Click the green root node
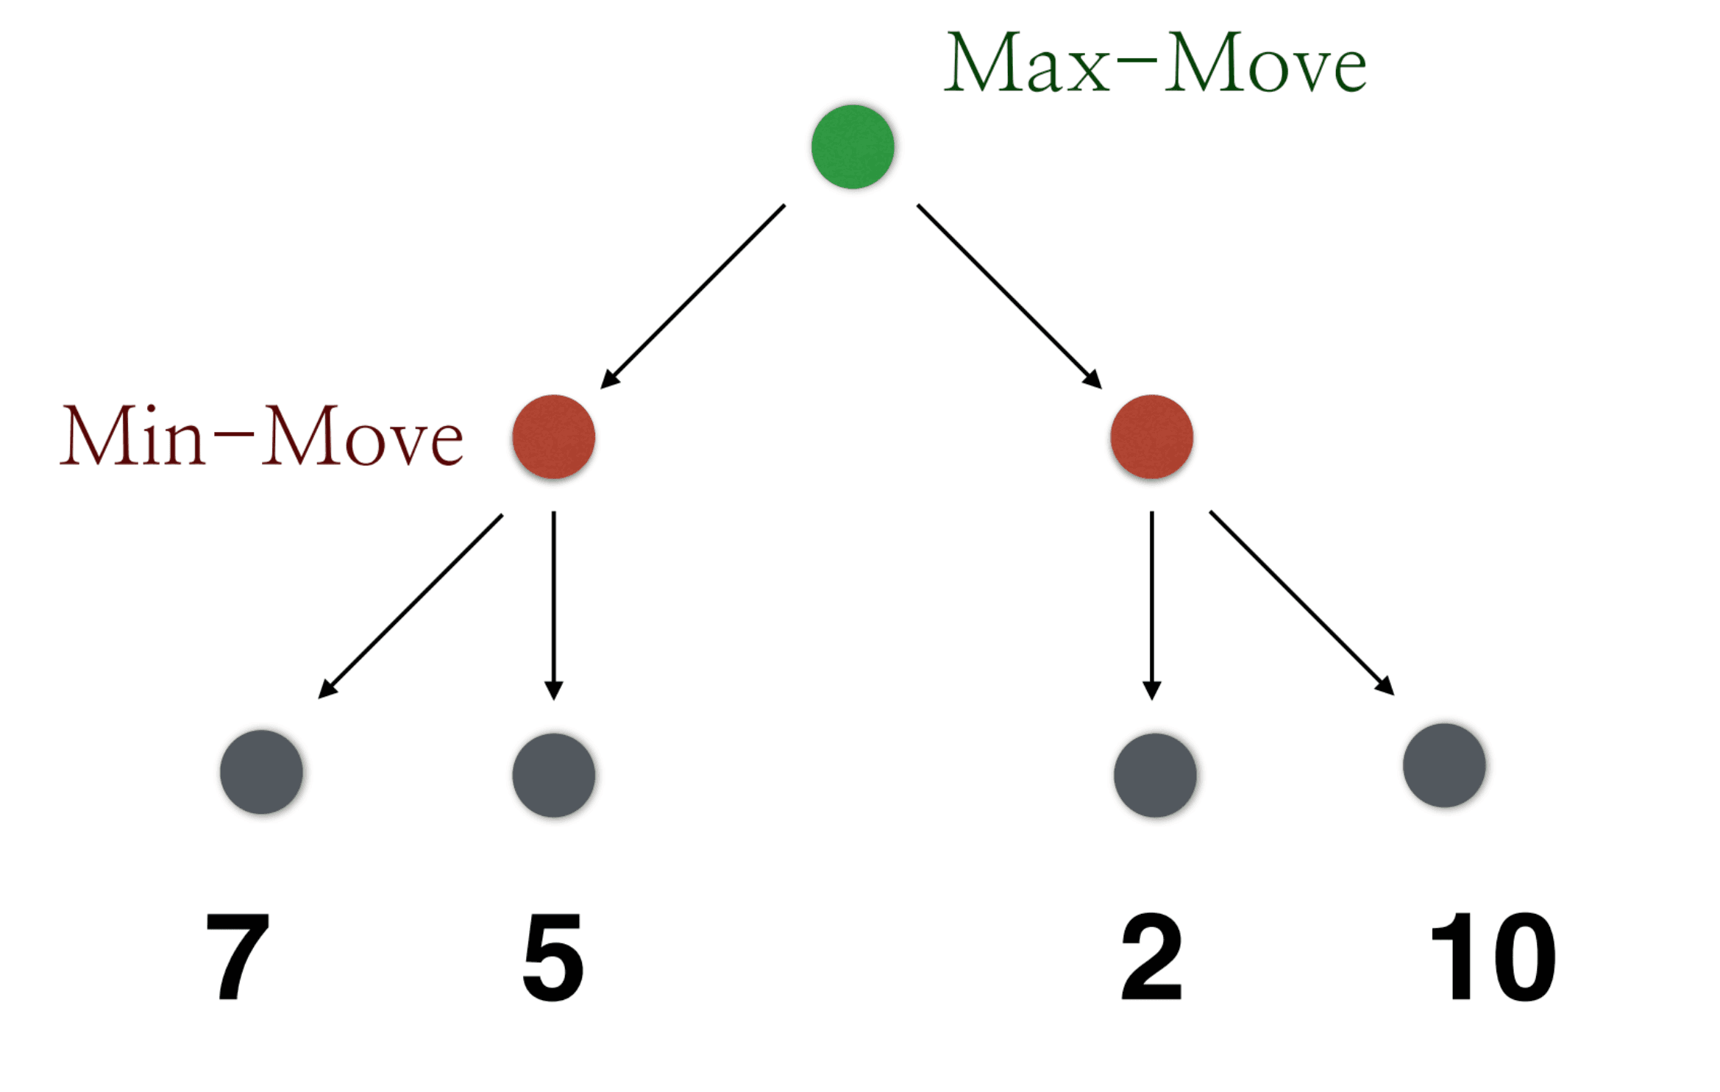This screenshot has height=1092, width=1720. pos(853,146)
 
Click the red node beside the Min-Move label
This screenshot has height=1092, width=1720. pos(553,436)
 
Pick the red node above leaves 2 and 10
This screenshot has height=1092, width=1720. pos(1151,436)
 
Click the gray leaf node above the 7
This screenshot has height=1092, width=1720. pos(261,771)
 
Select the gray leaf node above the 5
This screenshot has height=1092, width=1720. pos(553,774)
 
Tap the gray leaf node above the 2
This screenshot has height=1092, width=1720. pos(1154,774)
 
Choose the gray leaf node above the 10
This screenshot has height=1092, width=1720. pos(1443,765)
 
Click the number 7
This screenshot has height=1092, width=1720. pos(238,957)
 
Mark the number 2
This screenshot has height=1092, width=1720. pos(1151,957)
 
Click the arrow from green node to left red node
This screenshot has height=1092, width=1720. pos(693,296)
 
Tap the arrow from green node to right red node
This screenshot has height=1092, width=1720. pos(1009,296)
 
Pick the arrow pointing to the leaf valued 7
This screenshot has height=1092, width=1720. pos(411,606)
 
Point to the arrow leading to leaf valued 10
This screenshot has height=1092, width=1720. pos(1301,603)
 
